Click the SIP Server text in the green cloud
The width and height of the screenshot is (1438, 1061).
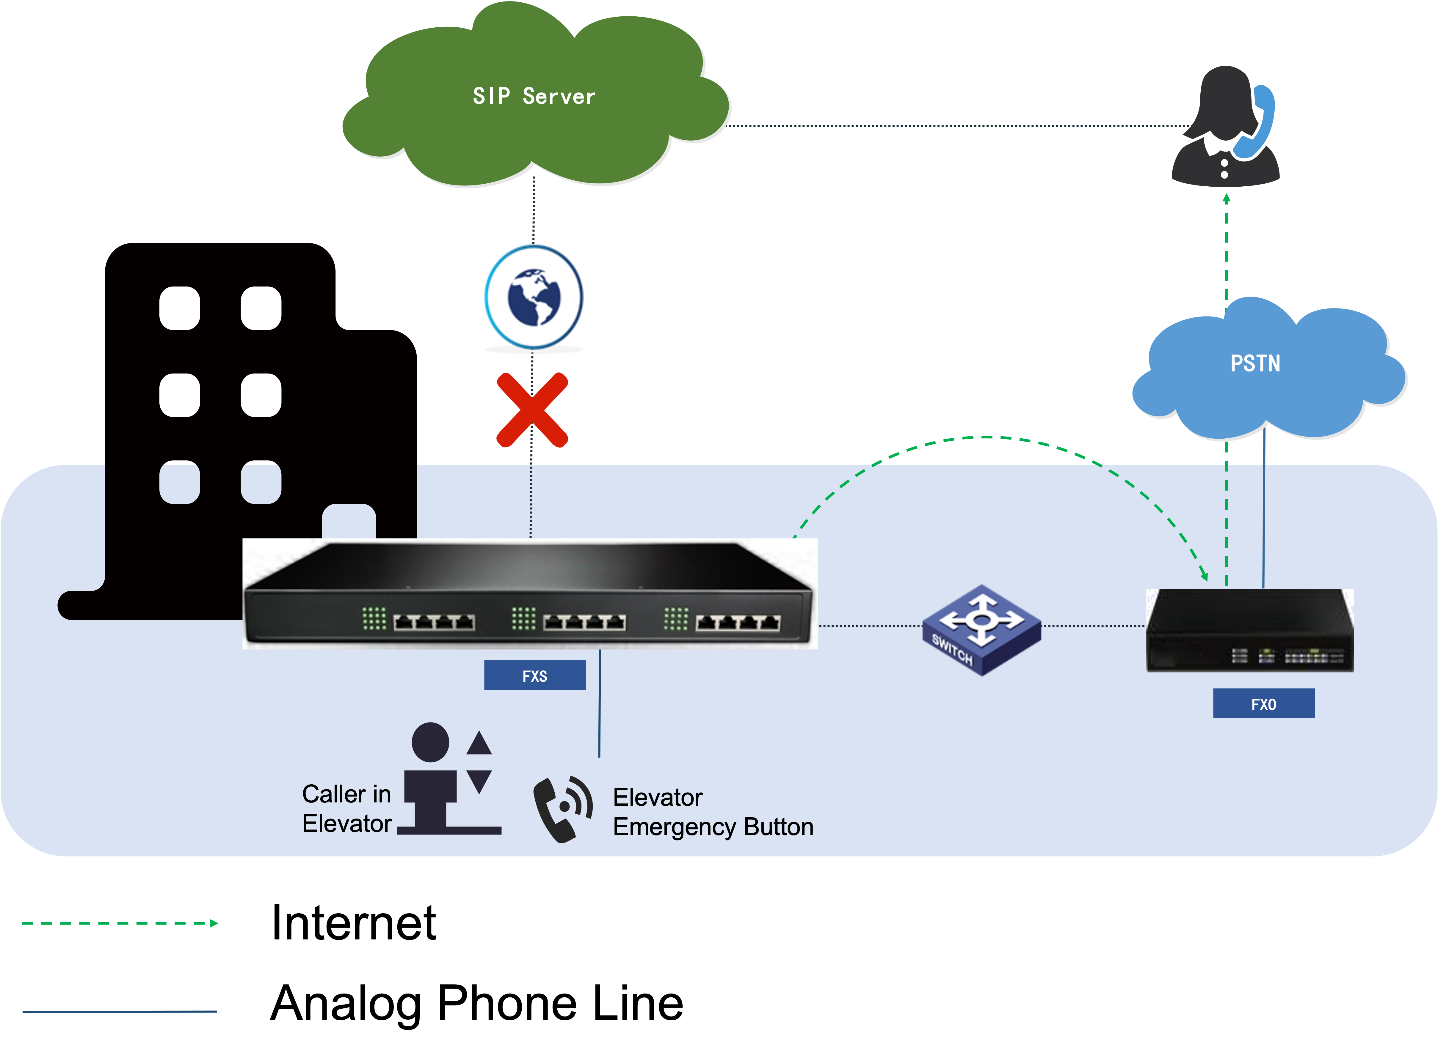coord(534,96)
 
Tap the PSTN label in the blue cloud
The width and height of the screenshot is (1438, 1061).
coord(1255,363)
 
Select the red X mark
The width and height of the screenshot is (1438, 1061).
coord(532,410)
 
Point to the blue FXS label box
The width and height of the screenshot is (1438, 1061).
coord(534,675)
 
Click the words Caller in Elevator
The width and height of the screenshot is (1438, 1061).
coord(347,809)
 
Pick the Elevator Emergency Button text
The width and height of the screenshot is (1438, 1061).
coord(713,812)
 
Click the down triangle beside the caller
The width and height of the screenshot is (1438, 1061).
coord(479,781)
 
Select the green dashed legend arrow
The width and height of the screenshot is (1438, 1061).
coord(120,924)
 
